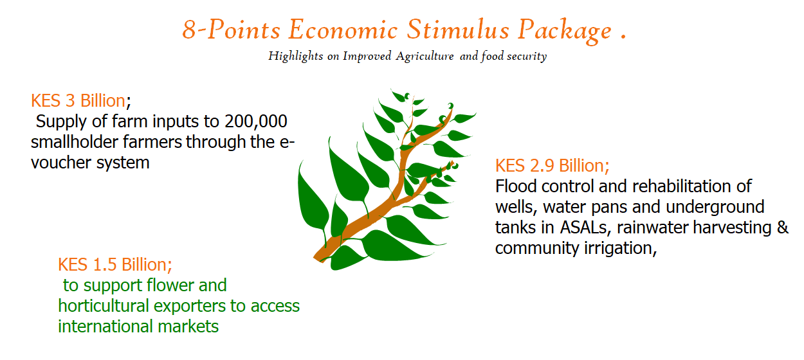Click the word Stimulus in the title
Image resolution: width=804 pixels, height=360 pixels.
(458, 30)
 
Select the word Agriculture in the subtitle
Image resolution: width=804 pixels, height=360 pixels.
(425, 57)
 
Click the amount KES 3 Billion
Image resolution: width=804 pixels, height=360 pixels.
(78, 101)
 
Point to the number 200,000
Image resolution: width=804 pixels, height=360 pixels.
(255, 122)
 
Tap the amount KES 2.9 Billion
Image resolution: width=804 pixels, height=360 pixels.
(552, 166)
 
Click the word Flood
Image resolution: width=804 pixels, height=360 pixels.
(516, 186)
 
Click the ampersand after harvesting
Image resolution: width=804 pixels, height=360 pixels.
(783, 228)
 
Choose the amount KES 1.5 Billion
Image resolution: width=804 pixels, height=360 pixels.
(115, 265)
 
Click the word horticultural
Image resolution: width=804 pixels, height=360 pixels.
(104, 306)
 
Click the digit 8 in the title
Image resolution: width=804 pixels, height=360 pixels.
(189, 30)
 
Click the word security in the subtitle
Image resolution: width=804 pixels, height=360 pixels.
(527, 57)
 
